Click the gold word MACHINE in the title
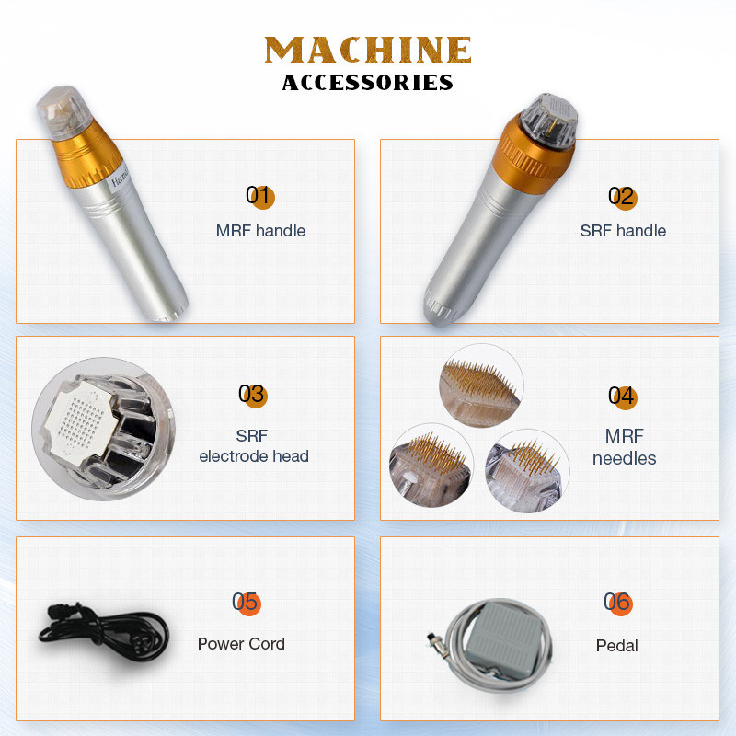pos(367,50)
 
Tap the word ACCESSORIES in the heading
pos(367,83)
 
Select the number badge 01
pos(260,196)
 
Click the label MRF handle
pos(260,231)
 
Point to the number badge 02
pos(623,197)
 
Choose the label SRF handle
pos(623,231)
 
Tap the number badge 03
pos(253,396)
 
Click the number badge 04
pos(623,397)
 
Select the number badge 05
pos(247,603)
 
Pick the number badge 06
pos(618,603)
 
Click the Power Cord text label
pos(241,643)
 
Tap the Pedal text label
pos(616,646)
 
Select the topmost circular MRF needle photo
pos(481,385)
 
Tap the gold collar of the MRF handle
pos(86,155)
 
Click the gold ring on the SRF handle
pos(533,154)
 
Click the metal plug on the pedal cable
pos(433,640)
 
